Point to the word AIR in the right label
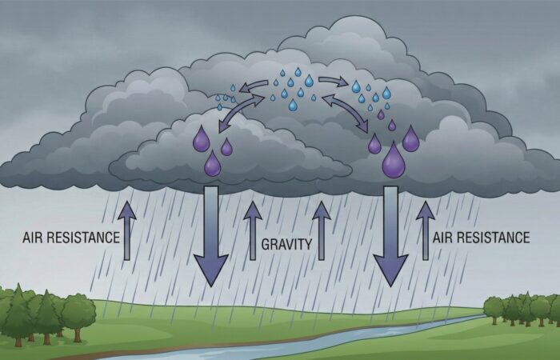click(443, 238)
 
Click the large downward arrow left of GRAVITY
click(212, 236)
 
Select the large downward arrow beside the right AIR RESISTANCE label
click(391, 236)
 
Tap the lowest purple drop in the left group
click(212, 164)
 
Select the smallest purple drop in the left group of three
click(227, 147)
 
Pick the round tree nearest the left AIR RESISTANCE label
click(78, 310)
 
